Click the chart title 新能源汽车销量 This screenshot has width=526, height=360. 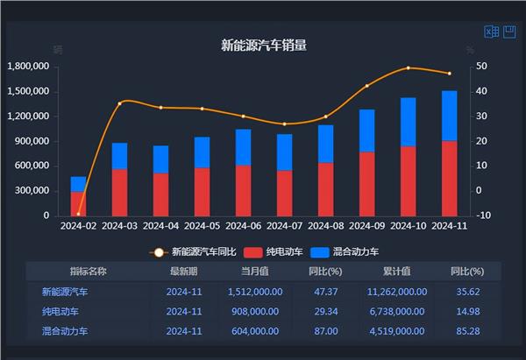coord(263,45)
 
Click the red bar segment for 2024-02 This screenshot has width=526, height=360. coord(79,203)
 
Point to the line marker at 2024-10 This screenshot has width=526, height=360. coord(408,67)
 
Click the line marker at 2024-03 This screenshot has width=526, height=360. coord(120,102)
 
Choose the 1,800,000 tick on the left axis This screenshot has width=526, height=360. coord(27,67)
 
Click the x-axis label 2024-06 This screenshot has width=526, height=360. coord(242,226)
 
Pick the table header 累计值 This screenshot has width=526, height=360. coord(396,272)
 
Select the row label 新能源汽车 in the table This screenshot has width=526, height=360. coord(65,292)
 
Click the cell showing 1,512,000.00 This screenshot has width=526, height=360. coord(254,292)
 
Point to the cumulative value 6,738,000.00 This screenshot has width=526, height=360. coord(396,311)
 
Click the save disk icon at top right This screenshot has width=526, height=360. coord(509,32)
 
